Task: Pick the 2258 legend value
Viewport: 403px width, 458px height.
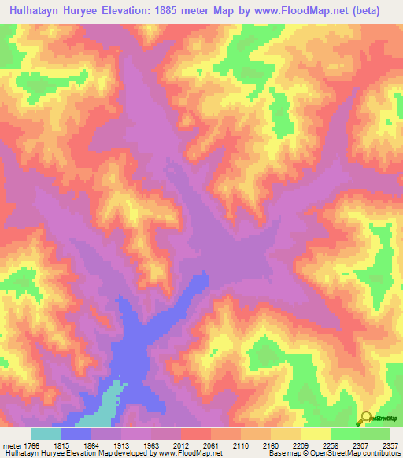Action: (330, 445)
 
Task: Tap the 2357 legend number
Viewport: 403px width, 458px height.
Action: (390, 445)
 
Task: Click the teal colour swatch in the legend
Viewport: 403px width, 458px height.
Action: (46, 434)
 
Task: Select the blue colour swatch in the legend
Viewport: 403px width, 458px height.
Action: (76, 434)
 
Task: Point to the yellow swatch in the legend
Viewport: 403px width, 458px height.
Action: (316, 434)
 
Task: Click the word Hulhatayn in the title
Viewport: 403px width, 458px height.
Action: (39, 11)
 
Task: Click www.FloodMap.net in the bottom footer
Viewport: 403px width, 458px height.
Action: (189, 453)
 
